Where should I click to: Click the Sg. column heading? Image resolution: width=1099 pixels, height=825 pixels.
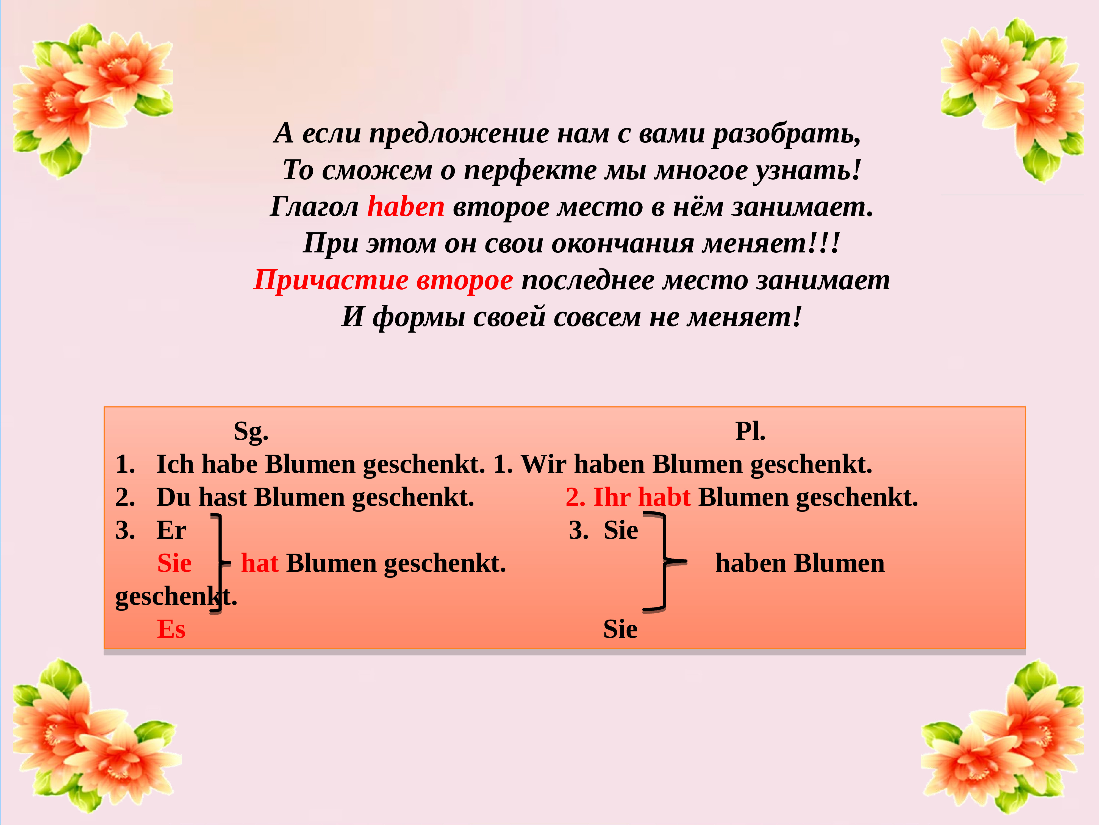[x=251, y=431]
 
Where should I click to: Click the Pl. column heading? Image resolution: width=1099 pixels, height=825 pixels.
[x=750, y=431]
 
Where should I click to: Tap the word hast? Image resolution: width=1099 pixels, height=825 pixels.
[x=222, y=497]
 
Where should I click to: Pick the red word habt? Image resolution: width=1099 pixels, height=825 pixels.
[x=664, y=497]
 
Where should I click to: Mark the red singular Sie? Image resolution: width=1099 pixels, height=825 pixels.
[x=174, y=563]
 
